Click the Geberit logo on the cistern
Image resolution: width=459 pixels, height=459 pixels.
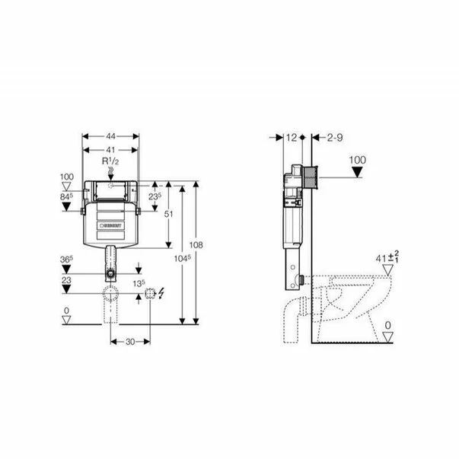(x=112, y=226)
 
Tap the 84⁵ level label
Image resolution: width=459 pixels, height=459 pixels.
(x=66, y=197)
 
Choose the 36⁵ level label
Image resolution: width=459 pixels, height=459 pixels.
(x=66, y=259)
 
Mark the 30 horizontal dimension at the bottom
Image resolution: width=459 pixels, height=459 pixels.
(x=130, y=343)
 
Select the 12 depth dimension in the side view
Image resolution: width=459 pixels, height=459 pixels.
(x=292, y=137)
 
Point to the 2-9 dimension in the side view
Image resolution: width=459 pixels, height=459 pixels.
(x=334, y=137)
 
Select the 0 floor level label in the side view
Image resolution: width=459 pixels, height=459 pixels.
(x=388, y=325)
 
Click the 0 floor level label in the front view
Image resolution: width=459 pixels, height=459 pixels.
(x=66, y=310)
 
